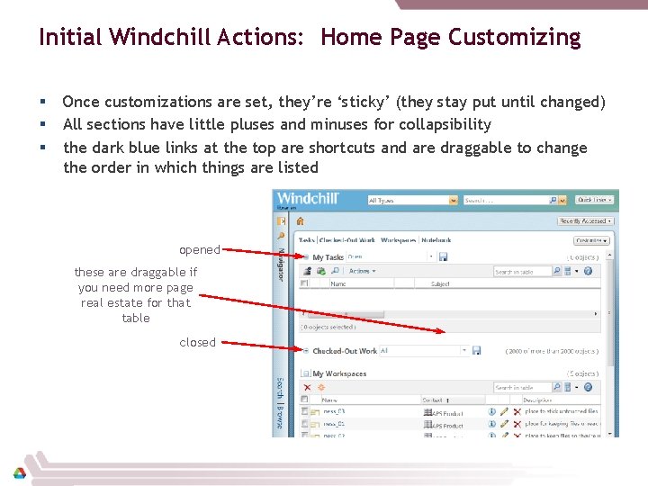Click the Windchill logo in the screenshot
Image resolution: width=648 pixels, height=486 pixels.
pos(309,199)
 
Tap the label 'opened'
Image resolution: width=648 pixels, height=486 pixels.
pos(200,249)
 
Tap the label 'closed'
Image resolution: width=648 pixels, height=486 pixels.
pos(198,342)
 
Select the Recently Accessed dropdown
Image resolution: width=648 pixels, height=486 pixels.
pos(586,220)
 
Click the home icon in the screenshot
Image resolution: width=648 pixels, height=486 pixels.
pos(301,220)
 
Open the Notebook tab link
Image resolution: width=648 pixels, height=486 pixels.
pos(436,240)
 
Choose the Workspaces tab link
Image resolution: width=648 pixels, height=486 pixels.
pos(398,240)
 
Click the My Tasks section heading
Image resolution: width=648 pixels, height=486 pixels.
pos(328,257)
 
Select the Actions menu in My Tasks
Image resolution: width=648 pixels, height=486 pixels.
pos(360,271)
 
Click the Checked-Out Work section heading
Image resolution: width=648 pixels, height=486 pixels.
pos(345,351)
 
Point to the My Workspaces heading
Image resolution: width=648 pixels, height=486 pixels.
pos(339,373)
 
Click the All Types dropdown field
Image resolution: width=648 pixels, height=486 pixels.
pos(412,201)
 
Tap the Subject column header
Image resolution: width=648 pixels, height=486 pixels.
pos(440,284)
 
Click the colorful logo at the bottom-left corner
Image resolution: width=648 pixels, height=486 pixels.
pos(19,472)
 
